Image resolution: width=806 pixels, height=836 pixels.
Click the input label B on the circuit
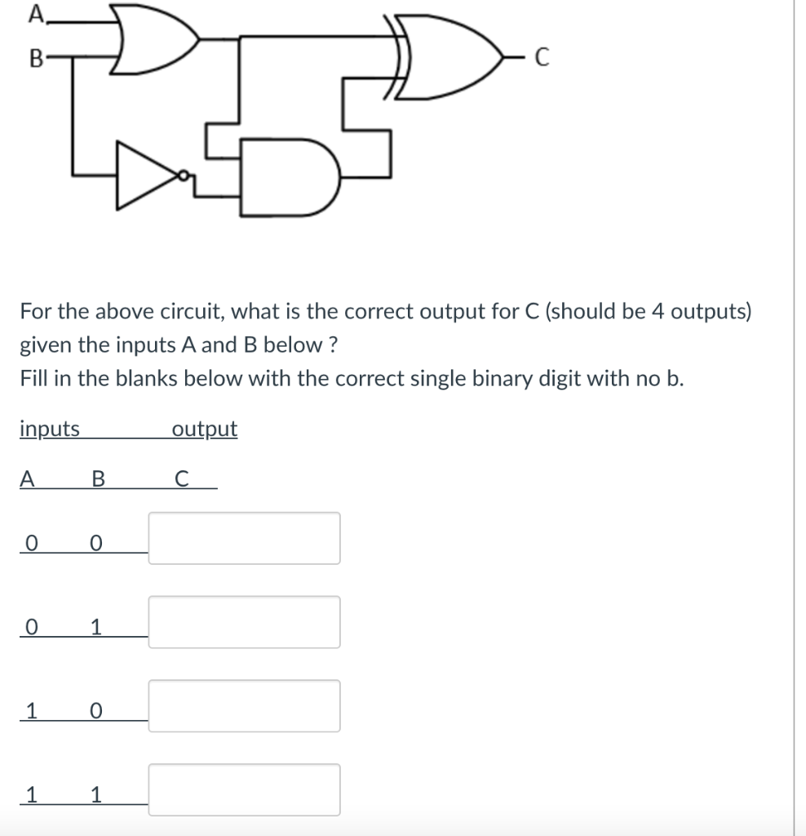pos(35,59)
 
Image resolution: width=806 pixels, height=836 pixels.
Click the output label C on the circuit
pos(543,59)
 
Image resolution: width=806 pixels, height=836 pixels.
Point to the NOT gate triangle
pos(148,175)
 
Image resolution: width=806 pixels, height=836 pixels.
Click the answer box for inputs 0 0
pos(244,538)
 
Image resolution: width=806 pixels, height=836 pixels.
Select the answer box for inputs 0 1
pos(244,622)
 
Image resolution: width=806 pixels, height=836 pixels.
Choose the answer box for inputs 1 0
pos(244,706)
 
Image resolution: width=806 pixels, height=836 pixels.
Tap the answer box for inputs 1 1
pos(244,790)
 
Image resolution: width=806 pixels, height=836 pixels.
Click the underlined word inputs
pos(50,429)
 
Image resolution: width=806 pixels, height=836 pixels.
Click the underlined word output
pos(205,429)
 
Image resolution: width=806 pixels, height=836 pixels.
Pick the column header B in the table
pos(98,480)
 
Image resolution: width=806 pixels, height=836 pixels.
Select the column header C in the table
pos(182,480)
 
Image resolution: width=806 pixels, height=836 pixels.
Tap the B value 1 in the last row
pos(96,794)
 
